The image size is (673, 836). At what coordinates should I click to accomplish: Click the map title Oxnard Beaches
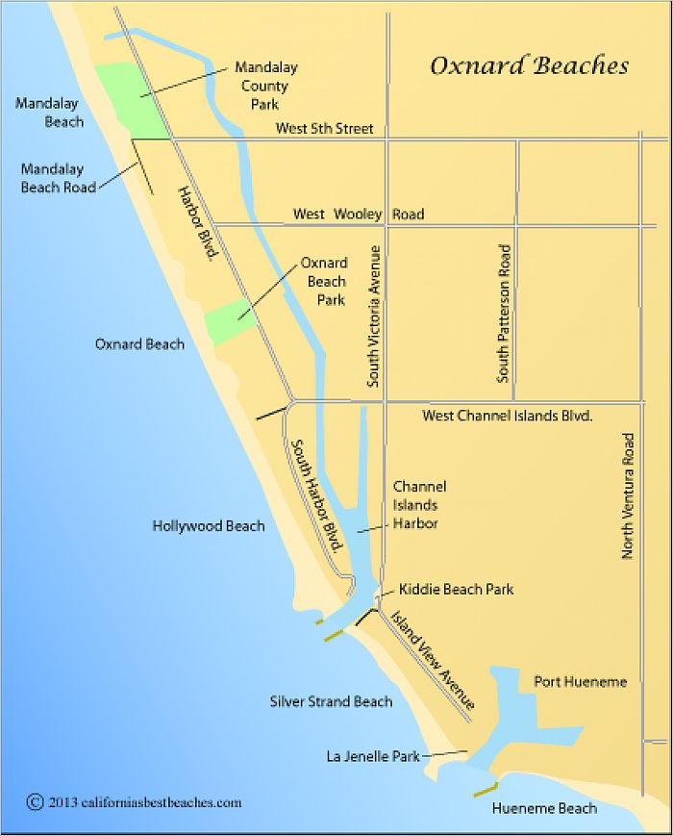(529, 66)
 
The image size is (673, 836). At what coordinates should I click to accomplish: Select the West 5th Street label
(324, 128)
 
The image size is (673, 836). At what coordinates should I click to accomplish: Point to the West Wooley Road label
(359, 214)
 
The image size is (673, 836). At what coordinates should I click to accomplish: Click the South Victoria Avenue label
(375, 316)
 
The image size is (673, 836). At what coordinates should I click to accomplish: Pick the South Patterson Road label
(504, 314)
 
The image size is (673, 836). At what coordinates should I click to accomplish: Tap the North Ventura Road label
(628, 496)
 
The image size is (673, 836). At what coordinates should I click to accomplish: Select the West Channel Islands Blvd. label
(507, 417)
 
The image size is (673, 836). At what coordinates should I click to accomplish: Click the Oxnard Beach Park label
(326, 281)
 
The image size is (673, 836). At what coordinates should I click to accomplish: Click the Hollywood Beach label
(209, 526)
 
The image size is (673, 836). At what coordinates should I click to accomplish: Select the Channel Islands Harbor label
(419, 505)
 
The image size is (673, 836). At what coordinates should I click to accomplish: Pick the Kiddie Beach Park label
(456, 589)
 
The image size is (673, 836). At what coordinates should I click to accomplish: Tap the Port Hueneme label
(580, 682)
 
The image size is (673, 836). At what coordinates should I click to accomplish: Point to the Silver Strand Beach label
(331, 701)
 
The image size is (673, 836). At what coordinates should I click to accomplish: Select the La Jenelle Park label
(373, 757)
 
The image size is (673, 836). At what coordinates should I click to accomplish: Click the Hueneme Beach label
(544, 808)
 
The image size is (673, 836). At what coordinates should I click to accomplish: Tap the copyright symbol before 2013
(36, 801)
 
